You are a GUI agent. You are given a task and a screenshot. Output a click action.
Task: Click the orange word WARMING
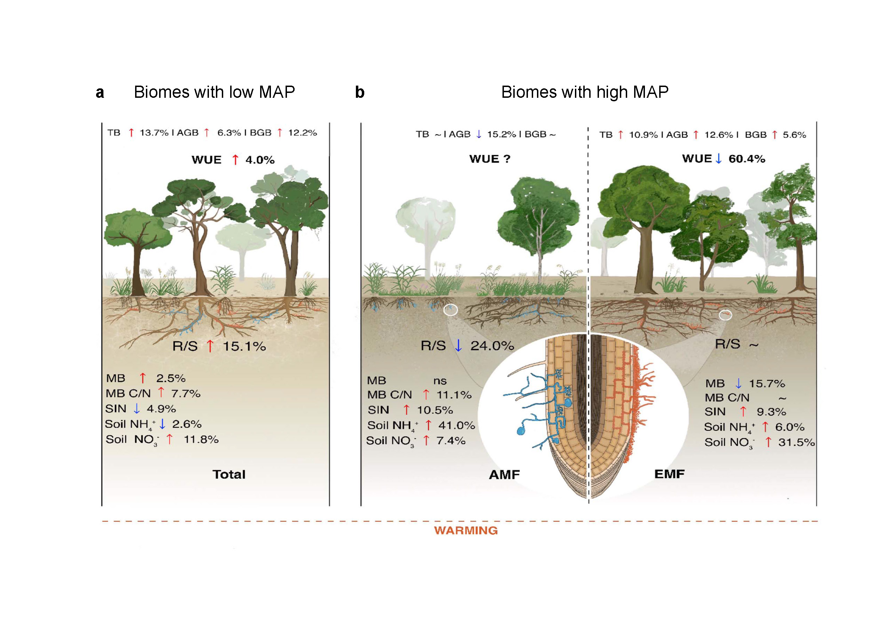click(466, 530)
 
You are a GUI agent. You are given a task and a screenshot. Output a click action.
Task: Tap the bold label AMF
click(504, 475)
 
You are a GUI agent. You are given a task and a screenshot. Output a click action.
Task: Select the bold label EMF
click(669, 474)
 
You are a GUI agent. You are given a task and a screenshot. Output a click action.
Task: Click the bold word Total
click(229, 474)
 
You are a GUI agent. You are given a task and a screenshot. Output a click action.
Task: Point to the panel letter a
click(100, 93)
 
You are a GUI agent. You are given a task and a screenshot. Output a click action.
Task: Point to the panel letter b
click(359, 93)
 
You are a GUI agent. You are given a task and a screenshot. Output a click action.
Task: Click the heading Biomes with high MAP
click(585, 92)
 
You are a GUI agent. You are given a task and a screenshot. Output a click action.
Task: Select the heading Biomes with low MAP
click(214, 92)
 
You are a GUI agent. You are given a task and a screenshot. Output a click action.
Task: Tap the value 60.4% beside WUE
click(747, 159)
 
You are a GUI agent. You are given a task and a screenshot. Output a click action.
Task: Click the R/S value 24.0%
click(492, 346)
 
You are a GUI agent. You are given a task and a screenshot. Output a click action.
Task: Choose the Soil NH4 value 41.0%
click(456, 425)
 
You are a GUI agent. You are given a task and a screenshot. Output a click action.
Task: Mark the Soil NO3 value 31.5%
click(796, 442)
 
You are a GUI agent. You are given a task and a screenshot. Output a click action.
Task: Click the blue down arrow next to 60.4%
click(718, 158)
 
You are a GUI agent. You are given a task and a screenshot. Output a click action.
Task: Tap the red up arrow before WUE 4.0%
click(235, 159)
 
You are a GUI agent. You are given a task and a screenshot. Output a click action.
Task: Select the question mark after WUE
click(507, 159)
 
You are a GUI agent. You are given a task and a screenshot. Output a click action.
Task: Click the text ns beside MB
click(440, 381)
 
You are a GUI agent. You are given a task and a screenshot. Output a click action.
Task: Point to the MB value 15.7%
click(766, 383)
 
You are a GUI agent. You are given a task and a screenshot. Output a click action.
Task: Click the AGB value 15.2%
click(501, 134)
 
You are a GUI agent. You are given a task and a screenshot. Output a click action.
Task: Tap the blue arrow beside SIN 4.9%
click(137, 409)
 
